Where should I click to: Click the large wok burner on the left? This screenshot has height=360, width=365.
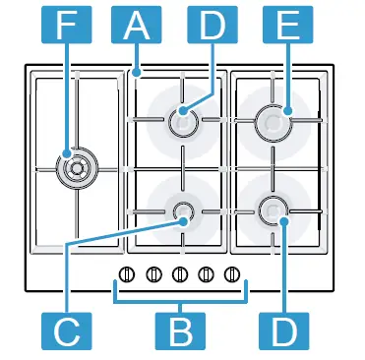coord(73,166)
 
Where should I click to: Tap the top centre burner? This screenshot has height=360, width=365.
coord(182,120)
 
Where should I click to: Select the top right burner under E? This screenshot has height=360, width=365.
coord(273,120)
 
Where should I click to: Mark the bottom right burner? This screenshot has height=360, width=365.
coord(273,209)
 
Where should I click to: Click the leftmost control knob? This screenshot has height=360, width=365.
coord(126,273)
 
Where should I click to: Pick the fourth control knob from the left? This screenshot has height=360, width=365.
coord(206,273)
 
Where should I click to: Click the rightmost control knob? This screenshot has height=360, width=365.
coord(232,273)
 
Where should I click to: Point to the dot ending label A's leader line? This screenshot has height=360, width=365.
coord(137,71)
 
